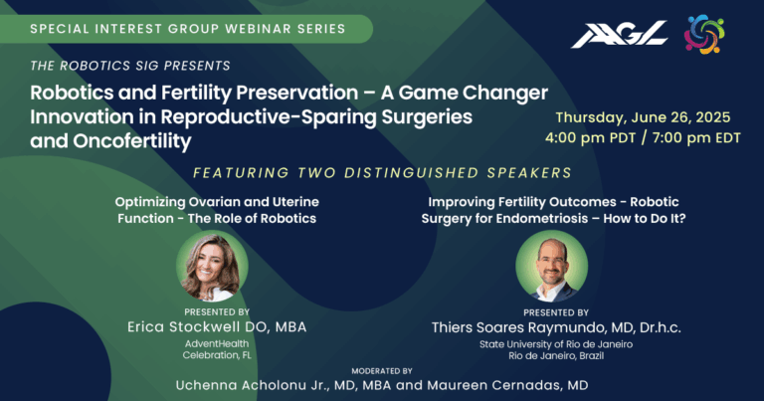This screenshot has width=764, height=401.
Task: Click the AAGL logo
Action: [619, 34]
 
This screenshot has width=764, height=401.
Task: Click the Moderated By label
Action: [382, 370]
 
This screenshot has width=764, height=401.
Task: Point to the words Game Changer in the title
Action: [477, 93]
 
